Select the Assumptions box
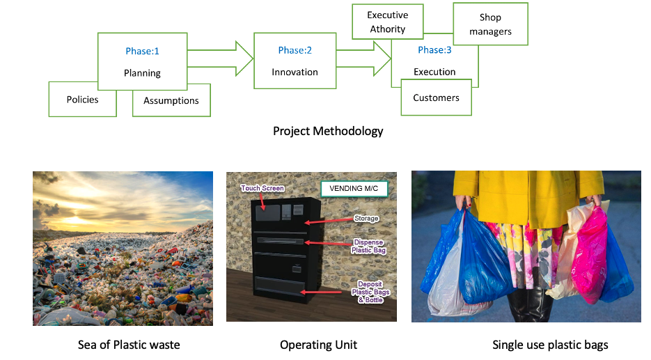click(171, 100)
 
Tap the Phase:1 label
click(143, 51)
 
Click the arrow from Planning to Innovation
click(220, 58)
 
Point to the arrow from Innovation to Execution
click(363, 58)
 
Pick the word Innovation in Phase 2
click(295, 72)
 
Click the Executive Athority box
click(388, 22)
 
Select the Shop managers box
click(490, 24)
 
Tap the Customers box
click(437, 97)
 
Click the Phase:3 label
click(434, 50)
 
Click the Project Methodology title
click(328, 131)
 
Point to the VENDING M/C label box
click(354, 189)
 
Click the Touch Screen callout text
click(262, 188)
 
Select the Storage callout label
click(366, 219)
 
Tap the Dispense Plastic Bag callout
click(369, 246)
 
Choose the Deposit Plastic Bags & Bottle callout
click(370, 292)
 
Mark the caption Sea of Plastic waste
click(129, 345)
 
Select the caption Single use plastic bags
click(550, 345)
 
